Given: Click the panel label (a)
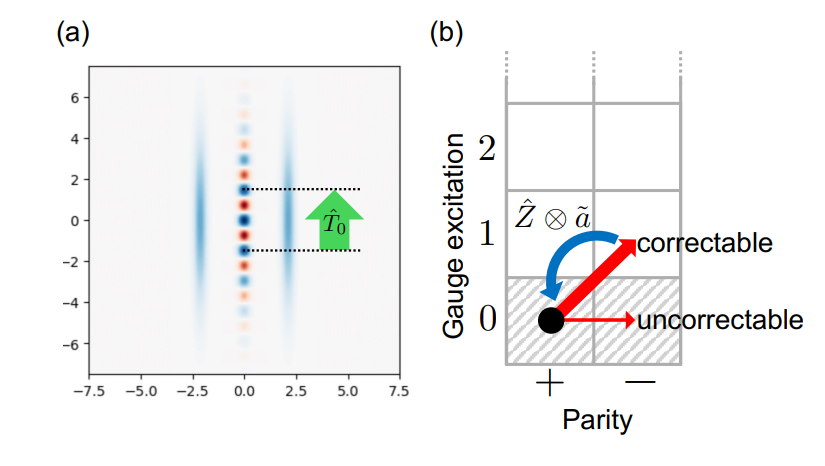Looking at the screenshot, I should coord(73,32).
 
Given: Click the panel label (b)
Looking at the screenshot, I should coord(447,32).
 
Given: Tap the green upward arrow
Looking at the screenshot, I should coord(334,219).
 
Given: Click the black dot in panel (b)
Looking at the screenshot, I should coord(550,320).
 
